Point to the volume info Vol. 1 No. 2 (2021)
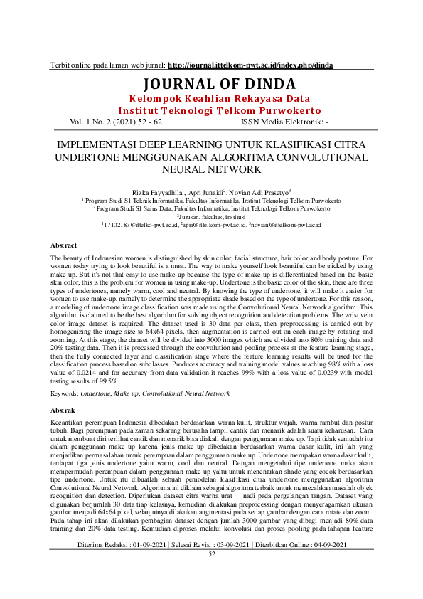[x=116, y=122]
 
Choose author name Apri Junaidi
[x=203, y=192]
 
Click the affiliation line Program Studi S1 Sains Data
[x=211, y=209]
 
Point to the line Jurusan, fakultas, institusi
[x=211, y=217]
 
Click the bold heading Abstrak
[x=63, y=411]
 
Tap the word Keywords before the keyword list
[x=66, y=393]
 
